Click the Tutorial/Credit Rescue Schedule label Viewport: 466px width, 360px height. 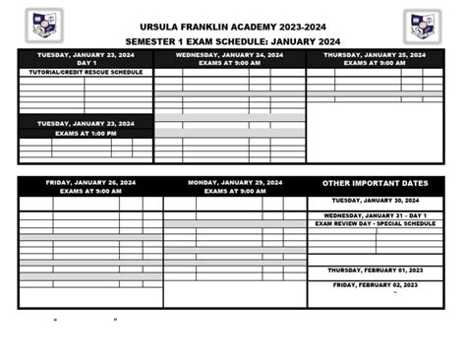tap(86, 72)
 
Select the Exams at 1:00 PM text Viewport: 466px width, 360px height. tap(86, 133)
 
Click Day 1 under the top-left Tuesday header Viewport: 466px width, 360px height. tap(86, 63)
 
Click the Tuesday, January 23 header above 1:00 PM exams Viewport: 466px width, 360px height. tap(86, 124)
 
